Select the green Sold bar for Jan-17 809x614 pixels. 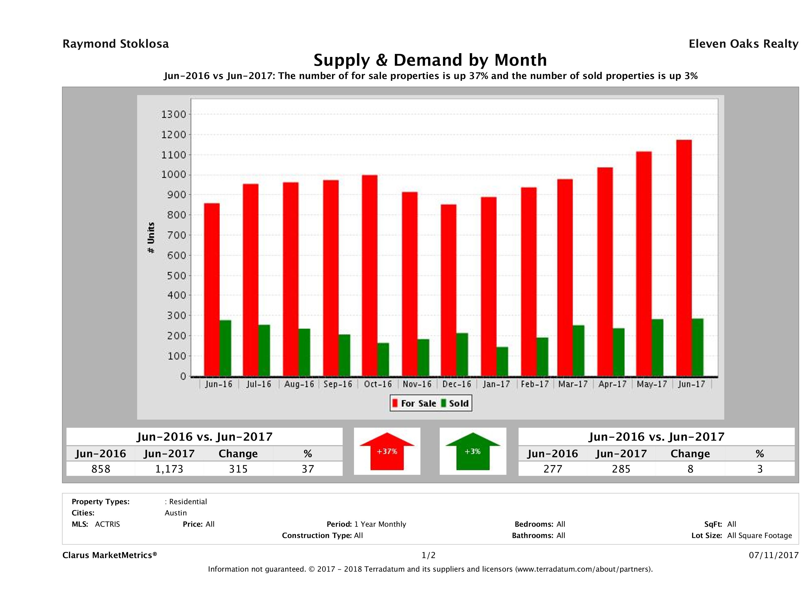pos(502,361)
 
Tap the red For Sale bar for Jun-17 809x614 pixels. pos(684,258)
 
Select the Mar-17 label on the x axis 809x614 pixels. pos(573,384)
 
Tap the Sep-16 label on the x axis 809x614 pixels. pos(338,384)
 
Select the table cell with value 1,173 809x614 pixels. pos(169,469)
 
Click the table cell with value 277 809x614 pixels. pos(553,469)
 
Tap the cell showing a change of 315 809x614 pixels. pos(238,469)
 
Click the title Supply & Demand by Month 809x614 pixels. pos(430,60)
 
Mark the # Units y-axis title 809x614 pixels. pos(151,238)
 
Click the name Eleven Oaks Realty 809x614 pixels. pos(743,44)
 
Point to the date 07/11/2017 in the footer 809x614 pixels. pos(773,555)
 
